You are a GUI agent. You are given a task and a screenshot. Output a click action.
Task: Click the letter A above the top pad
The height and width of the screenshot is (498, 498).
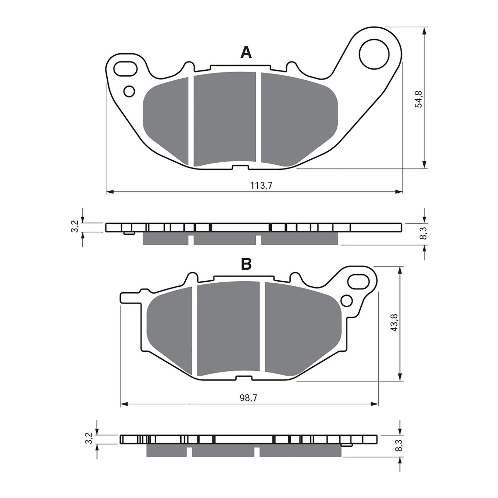tap(246, 53)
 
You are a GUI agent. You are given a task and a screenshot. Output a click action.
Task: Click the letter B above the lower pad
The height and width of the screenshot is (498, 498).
tap(246, 264)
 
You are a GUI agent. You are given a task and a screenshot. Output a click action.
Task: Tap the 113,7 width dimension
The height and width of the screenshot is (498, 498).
tap(261, 186)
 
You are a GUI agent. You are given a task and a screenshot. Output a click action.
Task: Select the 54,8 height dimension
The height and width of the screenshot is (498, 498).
tap(419, 99)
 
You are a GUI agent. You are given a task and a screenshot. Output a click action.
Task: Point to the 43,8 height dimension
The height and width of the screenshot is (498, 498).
tap(395, 322)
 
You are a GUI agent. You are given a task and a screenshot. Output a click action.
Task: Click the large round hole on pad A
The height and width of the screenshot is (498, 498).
tap(374, 54)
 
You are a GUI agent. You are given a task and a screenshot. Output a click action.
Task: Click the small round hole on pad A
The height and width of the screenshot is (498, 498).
tap(129, 92)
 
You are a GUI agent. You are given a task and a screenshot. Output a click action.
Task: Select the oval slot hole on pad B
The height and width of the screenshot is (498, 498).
tap(359, 281)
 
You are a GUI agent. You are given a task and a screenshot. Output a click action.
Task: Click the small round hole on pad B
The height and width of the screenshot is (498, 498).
tap(347, 301)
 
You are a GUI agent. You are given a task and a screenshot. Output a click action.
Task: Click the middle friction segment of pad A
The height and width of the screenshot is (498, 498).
tap(225, 118)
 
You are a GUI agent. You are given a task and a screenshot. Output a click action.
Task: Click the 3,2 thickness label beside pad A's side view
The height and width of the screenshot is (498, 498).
tap(74, 227)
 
